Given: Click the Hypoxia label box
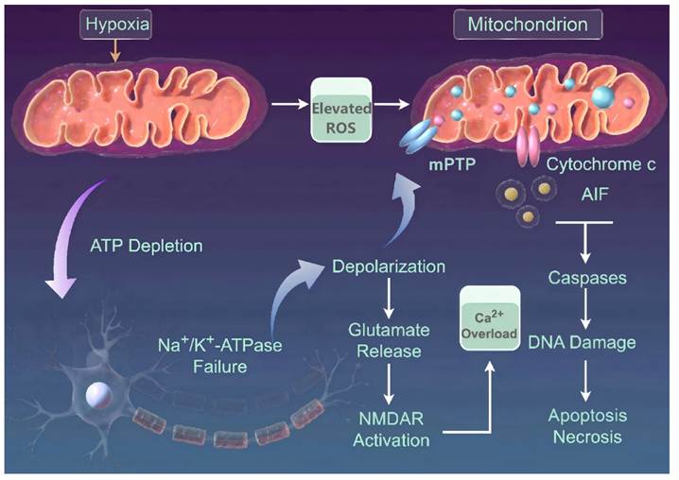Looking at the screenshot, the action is pos(115,25).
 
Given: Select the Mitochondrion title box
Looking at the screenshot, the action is pos(528,25).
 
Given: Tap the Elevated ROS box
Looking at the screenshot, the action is pos(341,110).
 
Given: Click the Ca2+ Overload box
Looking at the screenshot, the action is pos(490,318).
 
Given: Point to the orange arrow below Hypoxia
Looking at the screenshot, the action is pos(115,51).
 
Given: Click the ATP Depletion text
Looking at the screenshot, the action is pos(147,246).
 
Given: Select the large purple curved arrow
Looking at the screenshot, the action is pos(69,238).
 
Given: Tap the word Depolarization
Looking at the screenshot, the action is pos(389,266).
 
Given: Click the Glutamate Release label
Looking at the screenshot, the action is pos(389,341).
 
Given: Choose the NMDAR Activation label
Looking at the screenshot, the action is pos(391,429).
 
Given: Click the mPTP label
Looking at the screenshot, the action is pos(452,164).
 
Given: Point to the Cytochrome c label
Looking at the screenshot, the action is pos(601,164).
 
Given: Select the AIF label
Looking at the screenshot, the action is pos(595,195).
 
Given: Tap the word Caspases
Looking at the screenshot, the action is pos(587,278).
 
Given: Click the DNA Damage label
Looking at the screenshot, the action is pos(582,343).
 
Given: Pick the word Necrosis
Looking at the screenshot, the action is pos(587,437).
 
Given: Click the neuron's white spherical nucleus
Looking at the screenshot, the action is pos(99,395).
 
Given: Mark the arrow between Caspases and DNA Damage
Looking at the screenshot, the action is pos(586,309).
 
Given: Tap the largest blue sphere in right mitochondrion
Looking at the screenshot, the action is pos(603,97).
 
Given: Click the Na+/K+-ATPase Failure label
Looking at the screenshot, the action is pos(220,355).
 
